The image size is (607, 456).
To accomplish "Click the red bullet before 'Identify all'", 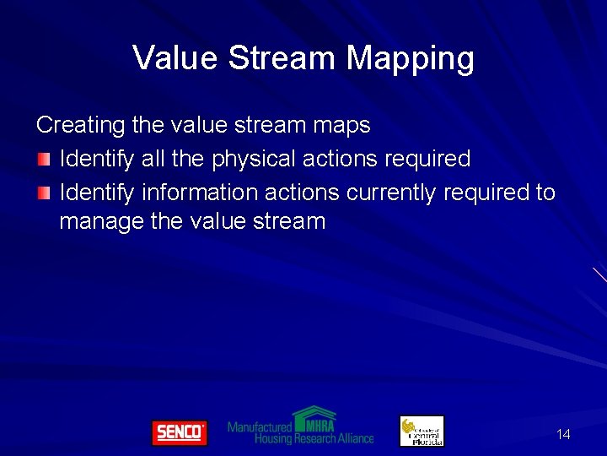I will pos(44,159).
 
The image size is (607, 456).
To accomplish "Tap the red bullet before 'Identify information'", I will pos(44,193).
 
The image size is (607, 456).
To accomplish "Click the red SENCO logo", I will pos(179,432).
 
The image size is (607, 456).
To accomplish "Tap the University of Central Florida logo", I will pos(421,431).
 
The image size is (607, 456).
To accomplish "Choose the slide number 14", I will pos(563,434).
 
